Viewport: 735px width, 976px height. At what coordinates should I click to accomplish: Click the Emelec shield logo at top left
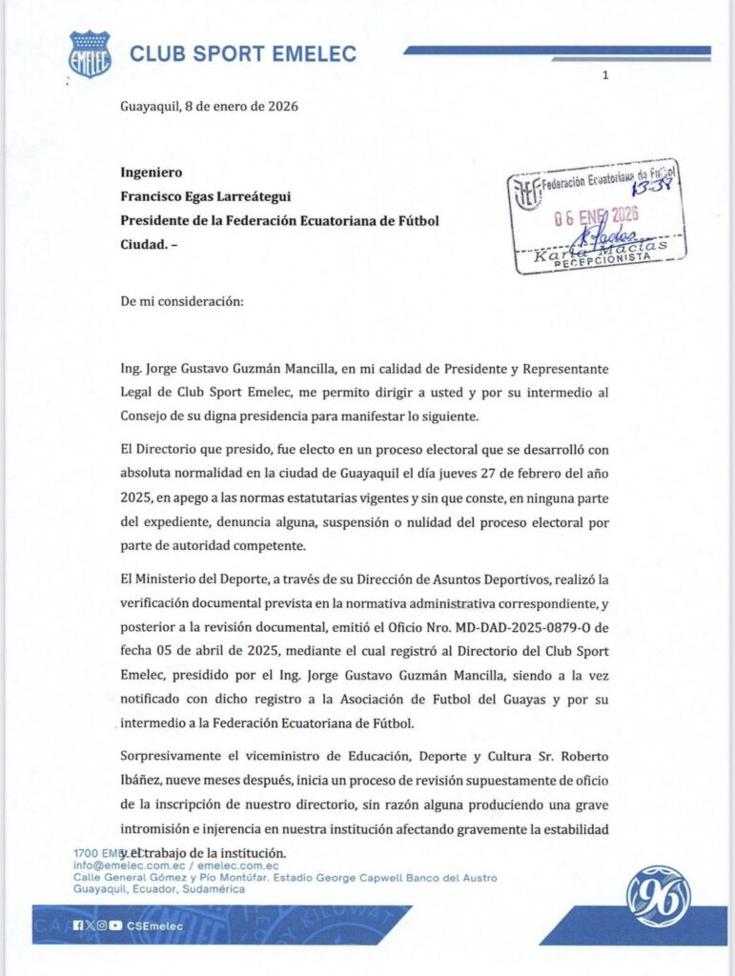(x=90, y=53)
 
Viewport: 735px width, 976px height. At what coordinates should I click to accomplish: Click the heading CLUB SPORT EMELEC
(x=243, y=53)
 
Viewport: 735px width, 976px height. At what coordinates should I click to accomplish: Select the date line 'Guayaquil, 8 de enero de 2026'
(x=209, y=106)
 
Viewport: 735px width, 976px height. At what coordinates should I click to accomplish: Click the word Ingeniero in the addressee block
(x=151, y=173)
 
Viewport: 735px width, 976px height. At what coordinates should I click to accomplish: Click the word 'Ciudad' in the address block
(x=144, y=244)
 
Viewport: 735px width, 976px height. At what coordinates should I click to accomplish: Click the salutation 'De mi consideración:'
(x=181, y=301)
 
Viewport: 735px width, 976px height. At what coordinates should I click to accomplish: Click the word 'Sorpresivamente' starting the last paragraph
(x=172, y=757)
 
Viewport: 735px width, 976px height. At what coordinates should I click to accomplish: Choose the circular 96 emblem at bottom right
(x=658, y=896)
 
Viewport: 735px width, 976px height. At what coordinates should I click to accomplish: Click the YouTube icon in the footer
(x=116, y=925)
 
